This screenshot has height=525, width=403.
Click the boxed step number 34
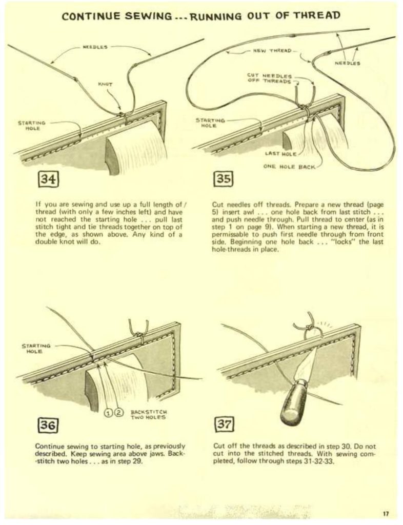50,180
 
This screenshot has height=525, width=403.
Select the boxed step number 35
222,180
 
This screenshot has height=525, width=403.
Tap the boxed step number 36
50,425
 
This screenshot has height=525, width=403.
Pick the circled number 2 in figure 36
118,411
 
